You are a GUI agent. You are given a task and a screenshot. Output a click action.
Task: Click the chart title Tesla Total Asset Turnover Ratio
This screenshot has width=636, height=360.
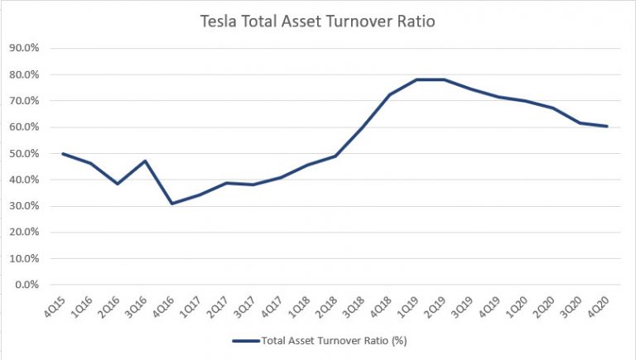click(317, 22)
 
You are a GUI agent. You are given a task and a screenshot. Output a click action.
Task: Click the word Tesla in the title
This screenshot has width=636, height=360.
click(221, 22)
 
